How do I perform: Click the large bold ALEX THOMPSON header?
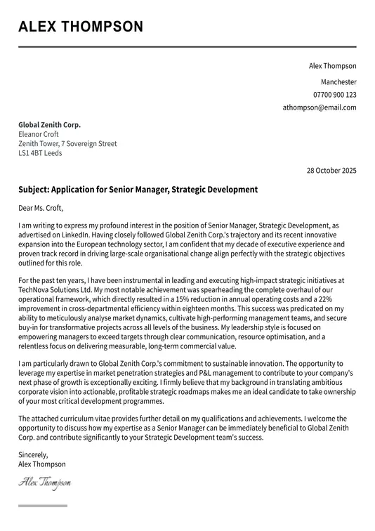pos(81,27)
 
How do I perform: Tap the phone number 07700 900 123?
pos(334,94)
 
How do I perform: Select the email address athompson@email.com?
pos(320,107)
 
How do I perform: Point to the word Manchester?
pos(338,81)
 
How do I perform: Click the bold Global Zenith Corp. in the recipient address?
pos(49,125)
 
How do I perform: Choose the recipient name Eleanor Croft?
pos(39,134)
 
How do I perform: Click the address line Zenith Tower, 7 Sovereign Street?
pos(67,144)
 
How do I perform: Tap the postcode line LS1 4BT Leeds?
pos(40,153)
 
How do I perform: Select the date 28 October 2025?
pos(331,171)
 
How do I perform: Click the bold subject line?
pos(138,190)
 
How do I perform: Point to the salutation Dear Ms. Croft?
pos(41,208)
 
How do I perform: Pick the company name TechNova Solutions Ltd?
pos(55,289)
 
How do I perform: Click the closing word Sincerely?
pos(33,454)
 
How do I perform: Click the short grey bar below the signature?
pos(43,506)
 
